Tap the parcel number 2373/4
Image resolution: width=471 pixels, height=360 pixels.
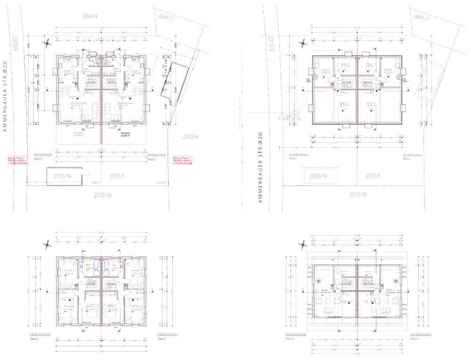[191, 137]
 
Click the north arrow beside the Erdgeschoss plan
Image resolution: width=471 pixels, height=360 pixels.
[47, 45]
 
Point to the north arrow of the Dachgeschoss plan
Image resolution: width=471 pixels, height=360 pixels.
[303, 244]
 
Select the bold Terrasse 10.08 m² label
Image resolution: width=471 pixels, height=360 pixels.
[125, 135]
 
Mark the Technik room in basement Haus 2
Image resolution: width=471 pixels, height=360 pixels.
[325, 71]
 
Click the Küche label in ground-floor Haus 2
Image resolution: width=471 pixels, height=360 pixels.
[67, 72]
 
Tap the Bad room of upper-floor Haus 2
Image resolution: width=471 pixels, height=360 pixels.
[88, 267]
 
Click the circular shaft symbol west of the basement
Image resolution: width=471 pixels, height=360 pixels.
[296, 113]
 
